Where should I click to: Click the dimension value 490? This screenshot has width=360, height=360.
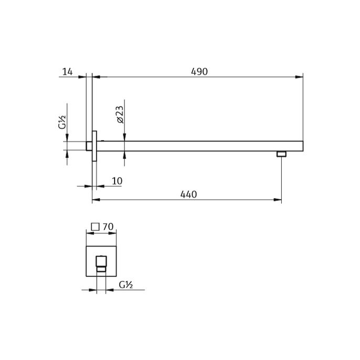pos(199,71)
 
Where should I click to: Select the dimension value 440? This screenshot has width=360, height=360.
pos(188,194)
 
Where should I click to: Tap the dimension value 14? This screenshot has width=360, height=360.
pos(67,71)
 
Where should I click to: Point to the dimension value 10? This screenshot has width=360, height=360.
pos(117,181)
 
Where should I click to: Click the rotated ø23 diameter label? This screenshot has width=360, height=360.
pos(119,114)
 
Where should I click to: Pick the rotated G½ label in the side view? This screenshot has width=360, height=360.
pos(62,123)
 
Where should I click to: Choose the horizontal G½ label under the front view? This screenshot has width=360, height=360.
pos(125,285)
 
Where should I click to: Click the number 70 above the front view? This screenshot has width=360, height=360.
pos(108,227)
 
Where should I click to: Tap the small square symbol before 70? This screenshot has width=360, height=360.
pos(95,227)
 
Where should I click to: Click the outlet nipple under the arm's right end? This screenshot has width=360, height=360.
pos(281,154)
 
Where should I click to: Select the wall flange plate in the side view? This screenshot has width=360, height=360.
pos(95,146)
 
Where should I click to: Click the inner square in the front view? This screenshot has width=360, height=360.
pos(101,261)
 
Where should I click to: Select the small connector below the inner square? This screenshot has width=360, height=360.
pos(101,270)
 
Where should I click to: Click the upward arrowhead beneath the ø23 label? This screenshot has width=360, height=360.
pos(124,155)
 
